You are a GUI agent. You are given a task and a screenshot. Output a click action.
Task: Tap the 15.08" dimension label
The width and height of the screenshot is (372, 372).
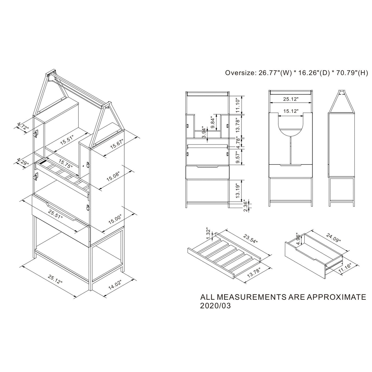114,176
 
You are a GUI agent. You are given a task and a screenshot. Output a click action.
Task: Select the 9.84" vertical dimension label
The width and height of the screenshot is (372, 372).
213,122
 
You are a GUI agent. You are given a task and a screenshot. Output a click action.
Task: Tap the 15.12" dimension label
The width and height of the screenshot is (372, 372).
291,111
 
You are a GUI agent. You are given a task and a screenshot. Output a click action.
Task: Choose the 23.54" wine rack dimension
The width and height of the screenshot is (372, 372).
250,239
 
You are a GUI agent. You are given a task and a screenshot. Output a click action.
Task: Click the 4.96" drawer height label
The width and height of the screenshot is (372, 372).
299,239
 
